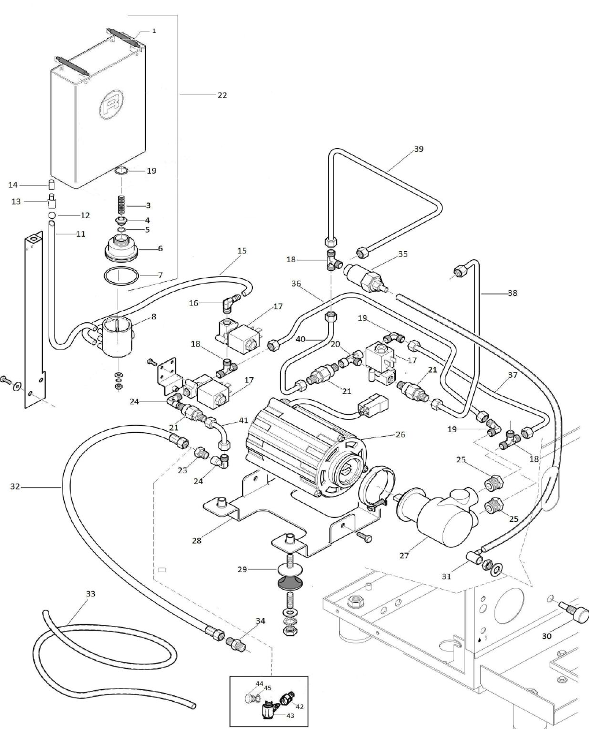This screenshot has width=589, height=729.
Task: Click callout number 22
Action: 222,95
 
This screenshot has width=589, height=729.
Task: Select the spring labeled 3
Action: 122,205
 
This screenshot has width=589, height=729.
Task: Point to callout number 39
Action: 418,149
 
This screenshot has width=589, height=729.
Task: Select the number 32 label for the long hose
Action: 15,487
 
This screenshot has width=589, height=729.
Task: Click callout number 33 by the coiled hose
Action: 90,594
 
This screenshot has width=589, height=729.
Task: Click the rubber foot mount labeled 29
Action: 290,576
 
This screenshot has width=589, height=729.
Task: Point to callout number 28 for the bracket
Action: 197,540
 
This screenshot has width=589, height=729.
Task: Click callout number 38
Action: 512,293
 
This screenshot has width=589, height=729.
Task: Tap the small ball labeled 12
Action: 51,215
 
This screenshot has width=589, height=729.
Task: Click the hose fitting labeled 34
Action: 237,642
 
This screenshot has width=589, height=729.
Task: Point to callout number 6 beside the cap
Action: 160,248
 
